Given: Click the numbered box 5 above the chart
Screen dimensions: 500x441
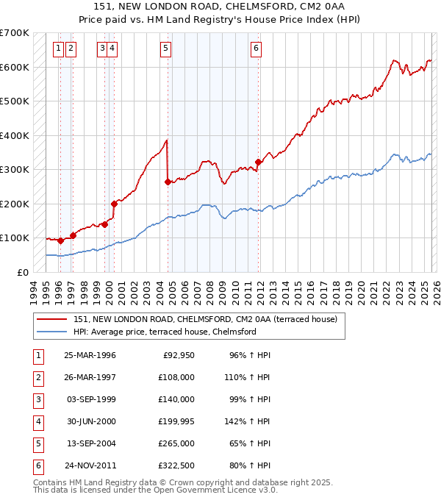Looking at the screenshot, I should pyautogui.click(x=165, y=49).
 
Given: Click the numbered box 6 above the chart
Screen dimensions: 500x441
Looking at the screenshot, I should pyautogui.click(x=256, y=49).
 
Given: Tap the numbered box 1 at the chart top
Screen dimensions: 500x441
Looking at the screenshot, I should pyautogui.click(x=58, y=49).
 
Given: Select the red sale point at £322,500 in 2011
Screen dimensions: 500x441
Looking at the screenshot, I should pyautogui.click(x=258, y=162).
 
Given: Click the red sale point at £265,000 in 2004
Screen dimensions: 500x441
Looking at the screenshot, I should pyautogui.click(x=168, y=182).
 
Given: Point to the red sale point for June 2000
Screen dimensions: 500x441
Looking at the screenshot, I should pyautogui.click(x=114, y=204).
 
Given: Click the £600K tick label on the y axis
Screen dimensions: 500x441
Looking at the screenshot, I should pyautogui.click(x=15, y=67).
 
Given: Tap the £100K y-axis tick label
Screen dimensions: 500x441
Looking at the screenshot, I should pyautogui.click(x=15, y=238).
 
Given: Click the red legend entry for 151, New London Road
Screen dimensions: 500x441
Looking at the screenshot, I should pyautogui.click(x=205, y=319).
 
